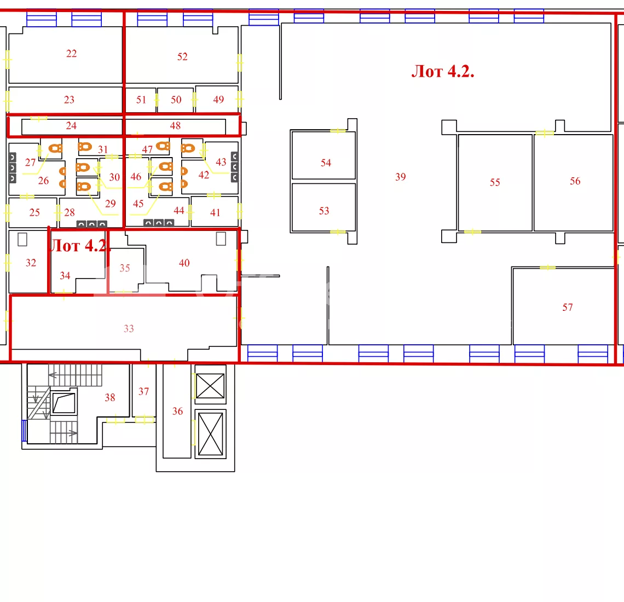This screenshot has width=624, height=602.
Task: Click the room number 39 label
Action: pos(400,177)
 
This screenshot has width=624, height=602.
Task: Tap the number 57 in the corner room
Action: pos(568,307)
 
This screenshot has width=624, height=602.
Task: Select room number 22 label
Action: pos(71,53)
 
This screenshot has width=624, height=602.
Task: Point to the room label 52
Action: pos(182,56)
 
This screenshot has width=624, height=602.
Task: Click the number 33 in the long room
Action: pos(129,329)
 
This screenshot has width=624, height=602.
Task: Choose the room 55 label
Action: pos(495,182)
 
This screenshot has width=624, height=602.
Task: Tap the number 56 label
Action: pos(575,181)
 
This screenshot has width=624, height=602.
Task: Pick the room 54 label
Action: pos(326,163)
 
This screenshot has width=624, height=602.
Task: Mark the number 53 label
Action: pos(324,211)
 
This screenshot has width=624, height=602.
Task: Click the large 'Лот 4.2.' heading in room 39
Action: pos(443,72)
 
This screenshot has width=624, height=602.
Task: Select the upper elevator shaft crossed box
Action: pos(210,385)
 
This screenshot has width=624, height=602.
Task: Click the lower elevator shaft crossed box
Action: pos(210,434)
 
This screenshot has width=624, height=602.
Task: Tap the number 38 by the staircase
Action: pos(110,397)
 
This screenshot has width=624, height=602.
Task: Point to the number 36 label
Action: pos(177,411)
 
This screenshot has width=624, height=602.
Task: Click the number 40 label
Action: pos(184,263)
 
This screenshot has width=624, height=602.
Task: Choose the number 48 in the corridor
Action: pos(175,126)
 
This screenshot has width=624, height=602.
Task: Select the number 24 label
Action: pos(71,126)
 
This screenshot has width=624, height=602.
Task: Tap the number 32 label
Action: pos(31,263)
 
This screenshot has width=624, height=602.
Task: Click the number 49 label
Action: pos(218,100)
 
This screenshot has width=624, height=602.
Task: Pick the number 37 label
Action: pos(143,391)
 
